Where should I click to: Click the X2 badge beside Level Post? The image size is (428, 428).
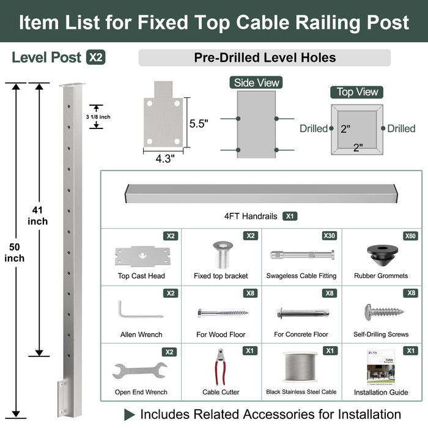pyautogui.click(x=95, y=58)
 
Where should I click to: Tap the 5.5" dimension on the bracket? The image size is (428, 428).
pyautogui.click(x=199, y=124)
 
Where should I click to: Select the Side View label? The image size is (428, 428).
pyautogui.click(x=256, y=83)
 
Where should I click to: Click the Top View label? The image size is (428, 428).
pyautogui.click(x=358, y=92)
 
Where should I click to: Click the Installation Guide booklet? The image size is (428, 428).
pyautogui.click(x=380, y=367)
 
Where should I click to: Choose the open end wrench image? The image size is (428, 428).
pyautogui.click(x=140, y=371)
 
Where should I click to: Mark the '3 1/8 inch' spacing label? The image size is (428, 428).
pyautogui.click(x=98, y=117)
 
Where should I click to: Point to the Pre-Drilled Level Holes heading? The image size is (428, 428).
pyautogui.click(x=264, y=58)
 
